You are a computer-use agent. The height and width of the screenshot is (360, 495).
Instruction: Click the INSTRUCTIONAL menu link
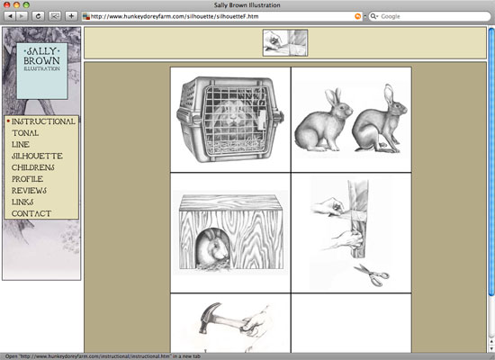[x=43, y=121]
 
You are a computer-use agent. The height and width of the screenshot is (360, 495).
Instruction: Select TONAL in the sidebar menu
[x=25, y=133]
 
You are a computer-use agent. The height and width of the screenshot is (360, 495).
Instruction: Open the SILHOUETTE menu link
[x=37, y=156]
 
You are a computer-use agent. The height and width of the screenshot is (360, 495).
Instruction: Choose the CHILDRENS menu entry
[x=32, y=167]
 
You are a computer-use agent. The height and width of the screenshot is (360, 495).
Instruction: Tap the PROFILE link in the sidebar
[x=28, y=179]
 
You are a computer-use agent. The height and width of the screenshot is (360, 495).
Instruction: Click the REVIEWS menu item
[x=29, y=191]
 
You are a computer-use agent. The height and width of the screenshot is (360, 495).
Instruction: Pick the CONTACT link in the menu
[x=31, y=214]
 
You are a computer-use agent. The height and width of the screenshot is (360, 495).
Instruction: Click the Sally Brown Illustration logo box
[x=42, y=71]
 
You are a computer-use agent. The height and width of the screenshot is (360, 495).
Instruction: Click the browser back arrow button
[x=10, y=16]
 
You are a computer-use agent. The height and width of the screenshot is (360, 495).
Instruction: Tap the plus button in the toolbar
[x=71, y=16]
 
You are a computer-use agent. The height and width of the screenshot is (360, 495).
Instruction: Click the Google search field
[x=429, y=16]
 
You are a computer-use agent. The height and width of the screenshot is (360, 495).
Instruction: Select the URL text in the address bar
[x=175, y=16]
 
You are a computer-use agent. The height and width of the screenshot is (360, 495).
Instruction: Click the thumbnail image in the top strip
[x=285, y=43]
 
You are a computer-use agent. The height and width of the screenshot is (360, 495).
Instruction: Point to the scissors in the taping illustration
[x=372, y=274]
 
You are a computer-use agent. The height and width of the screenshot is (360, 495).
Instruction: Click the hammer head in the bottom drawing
[x=211, y=316]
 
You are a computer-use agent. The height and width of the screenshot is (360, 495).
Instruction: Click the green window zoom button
[x=26, y=4]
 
